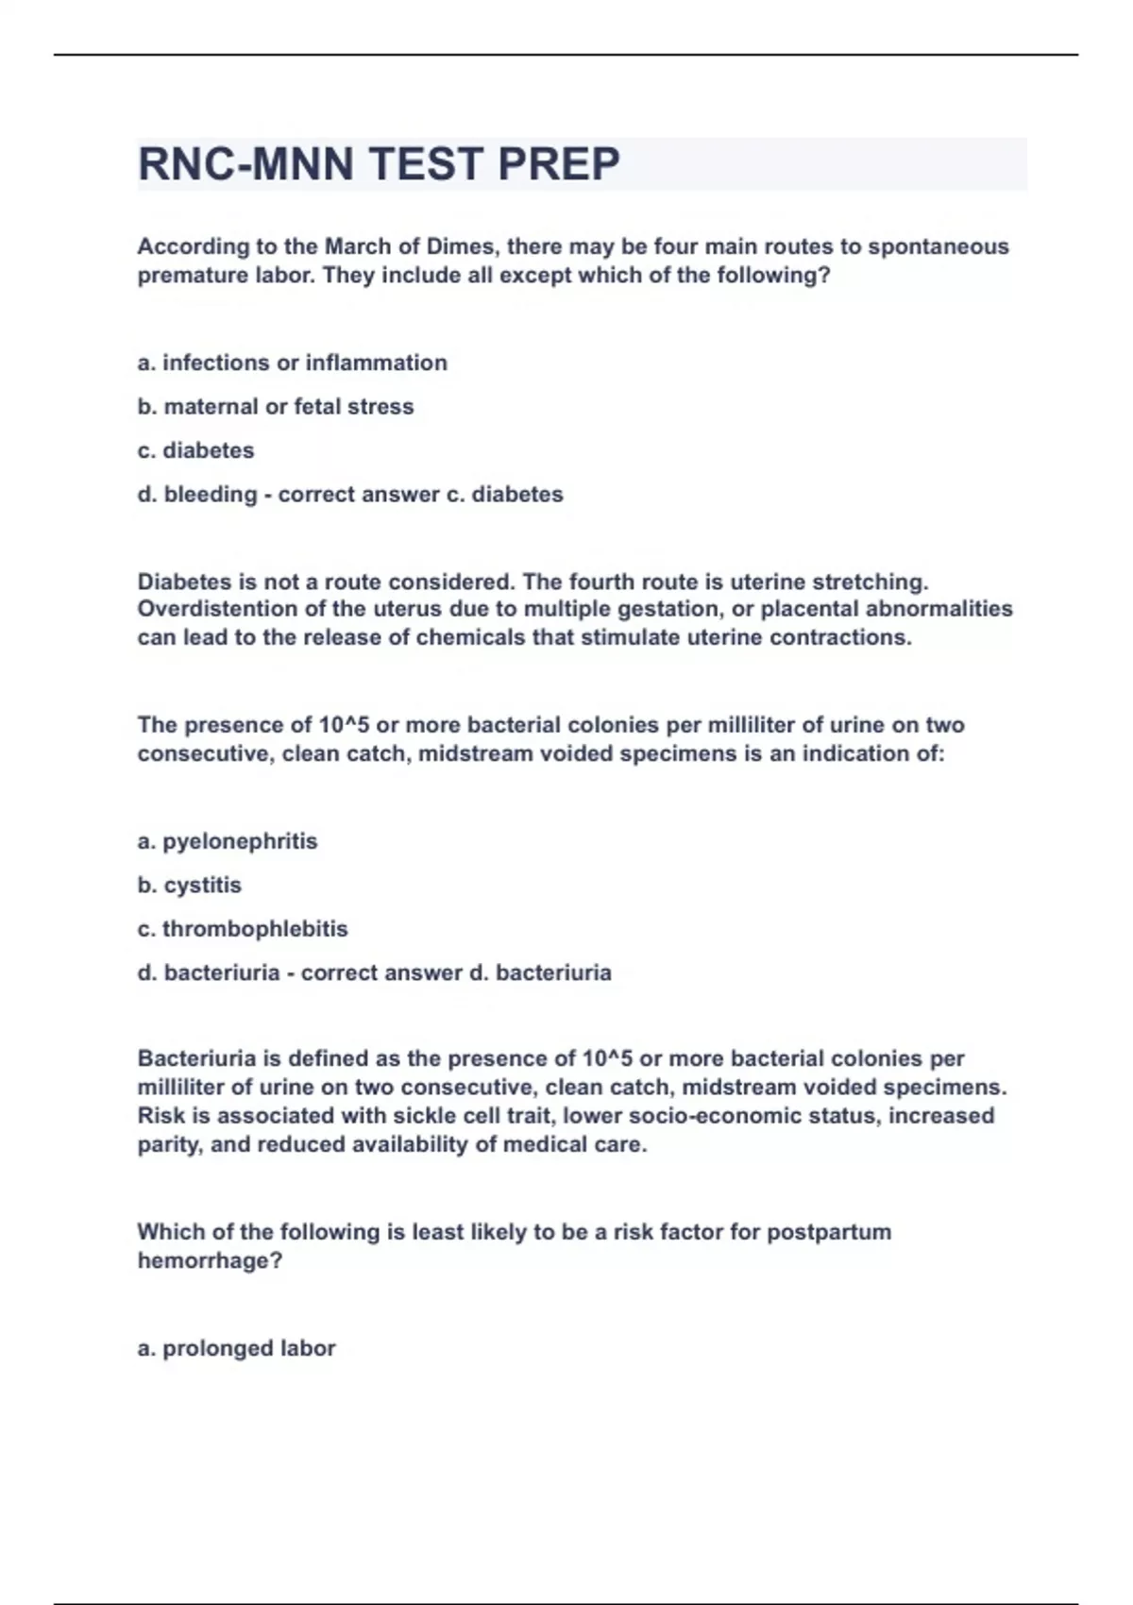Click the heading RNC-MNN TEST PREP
[x=379, y=164]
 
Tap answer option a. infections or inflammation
[x=292, y=363]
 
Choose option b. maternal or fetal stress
[x=276, y=407]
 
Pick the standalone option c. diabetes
[x=195, y=450]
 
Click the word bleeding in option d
[x=211, y=495]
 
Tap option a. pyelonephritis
[x=228, y=841]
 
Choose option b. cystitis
[x=190, y=886]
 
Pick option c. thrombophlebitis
[x=243, y=929]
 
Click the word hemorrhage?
[x=210, y=1261]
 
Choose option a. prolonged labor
[x=236, y=1348]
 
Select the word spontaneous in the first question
[x=939, y=246]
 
